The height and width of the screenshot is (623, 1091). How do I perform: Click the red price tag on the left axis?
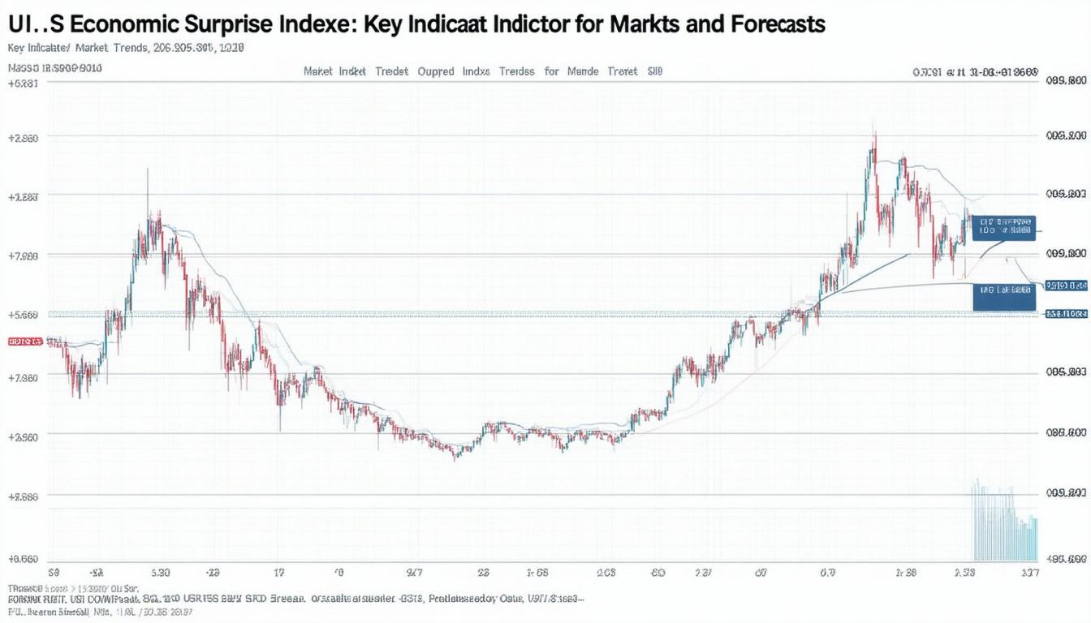(x=24, y=342)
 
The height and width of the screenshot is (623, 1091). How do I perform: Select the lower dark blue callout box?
(x=1004, y=296)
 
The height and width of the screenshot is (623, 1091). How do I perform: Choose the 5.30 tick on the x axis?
(x=160, y=573)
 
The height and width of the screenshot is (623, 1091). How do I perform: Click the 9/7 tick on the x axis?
(x=414, y=573)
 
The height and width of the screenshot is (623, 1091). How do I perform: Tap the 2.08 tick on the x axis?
(x=606, y=573)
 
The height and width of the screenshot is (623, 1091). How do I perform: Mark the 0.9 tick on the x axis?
(x=827, y=573)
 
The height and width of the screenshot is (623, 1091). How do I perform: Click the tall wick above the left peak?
(x=148, y=191)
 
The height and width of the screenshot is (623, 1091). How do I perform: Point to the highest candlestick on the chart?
(x=873, y=142)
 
